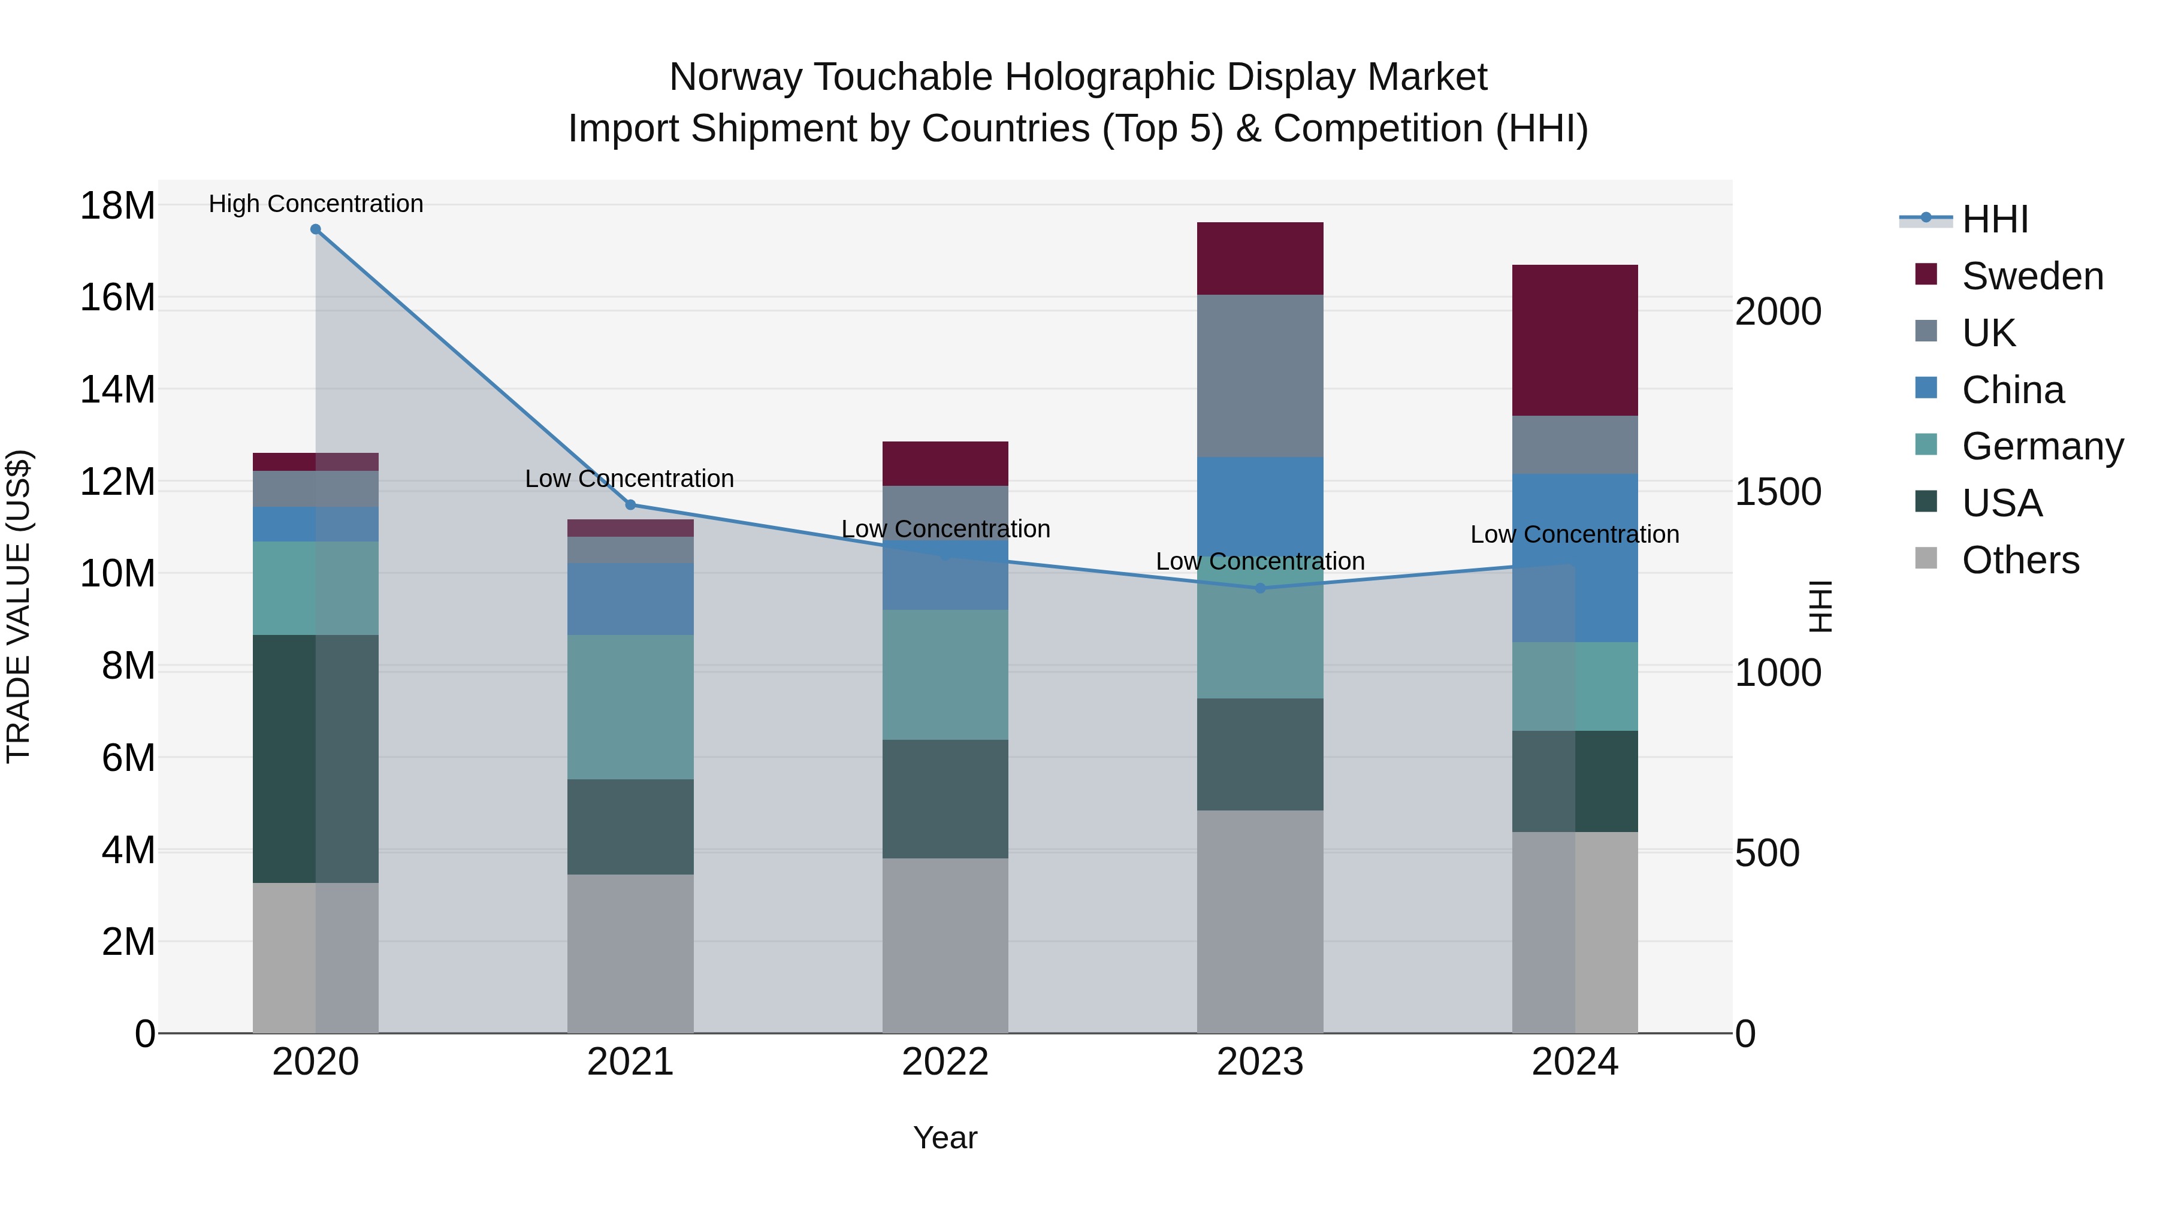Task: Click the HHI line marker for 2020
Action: point(316,229)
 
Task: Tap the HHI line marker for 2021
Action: point(630,505)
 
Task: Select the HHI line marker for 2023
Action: point(1260,588)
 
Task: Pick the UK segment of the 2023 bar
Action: point(1260,376)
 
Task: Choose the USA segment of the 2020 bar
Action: point(285,758)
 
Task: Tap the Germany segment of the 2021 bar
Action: point(630,707)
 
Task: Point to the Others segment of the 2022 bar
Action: point(945,946)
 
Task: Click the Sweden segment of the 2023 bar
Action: point(1260,259)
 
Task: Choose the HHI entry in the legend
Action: point(1995,219)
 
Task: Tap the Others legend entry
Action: point(2020,560)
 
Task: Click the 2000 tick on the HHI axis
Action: point(1778,311)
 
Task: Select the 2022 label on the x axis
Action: point(945,1062)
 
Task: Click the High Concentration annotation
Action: point(316,204)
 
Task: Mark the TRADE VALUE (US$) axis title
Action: point(19,606)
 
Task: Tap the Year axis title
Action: point(945,1138)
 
